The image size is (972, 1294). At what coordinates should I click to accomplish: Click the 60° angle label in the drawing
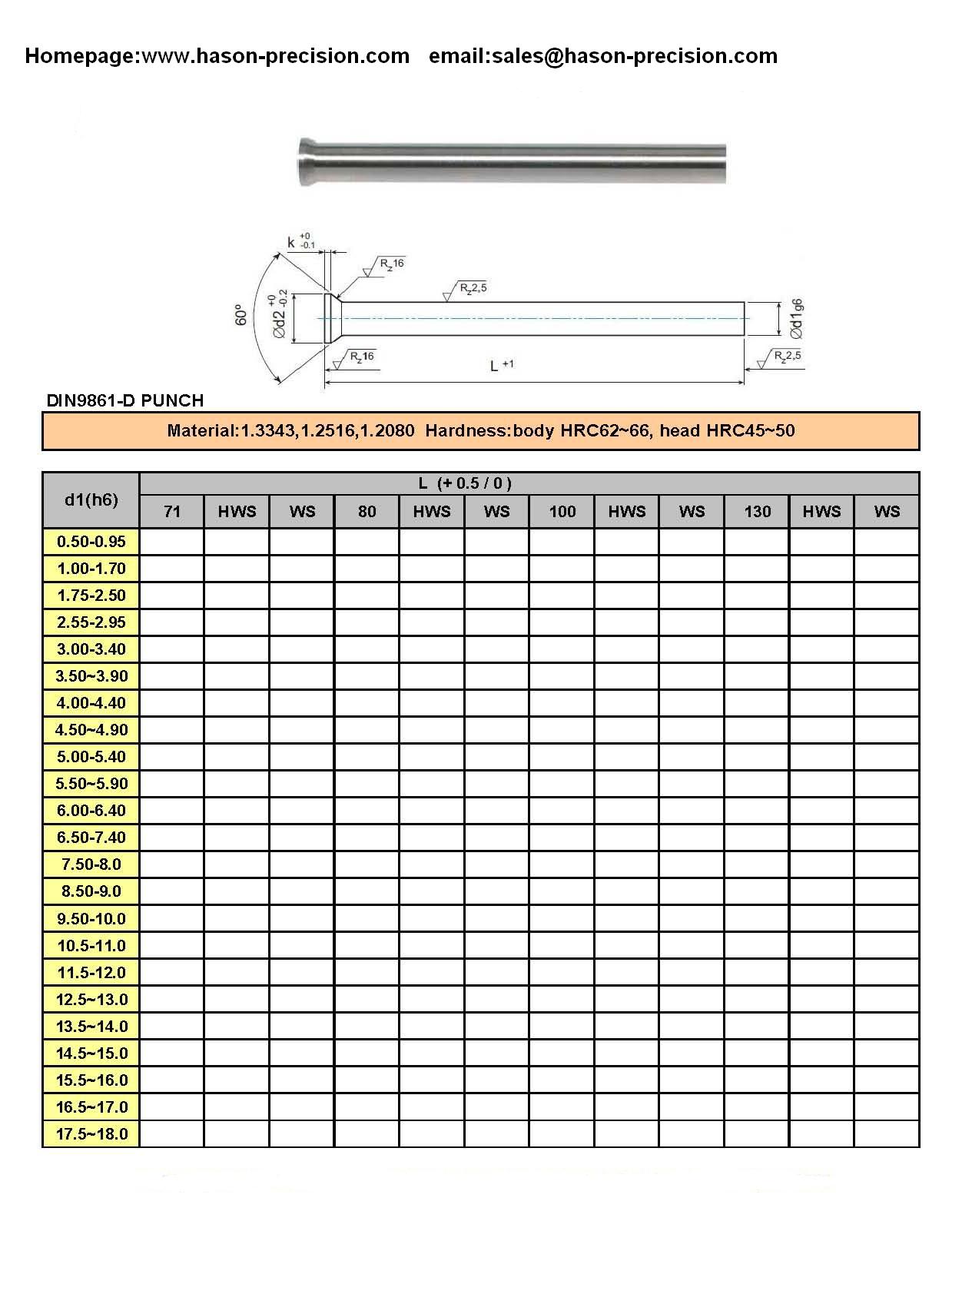[x=240, y=315]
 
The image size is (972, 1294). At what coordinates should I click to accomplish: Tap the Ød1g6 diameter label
[x=797, y=319]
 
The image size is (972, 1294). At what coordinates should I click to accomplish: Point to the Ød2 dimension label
[x=280, y=317]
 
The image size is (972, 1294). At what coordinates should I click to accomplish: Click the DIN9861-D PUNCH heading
[x=125, y=400]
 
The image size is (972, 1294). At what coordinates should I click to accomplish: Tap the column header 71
[x=172, y=512]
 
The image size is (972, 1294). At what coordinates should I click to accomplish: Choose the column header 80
[x=367, y=512]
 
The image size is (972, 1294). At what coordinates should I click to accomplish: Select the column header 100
[x=562, y=512]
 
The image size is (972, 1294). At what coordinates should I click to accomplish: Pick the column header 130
[x=757, y=512]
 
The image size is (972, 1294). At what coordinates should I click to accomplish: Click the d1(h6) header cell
[x=91, y=500]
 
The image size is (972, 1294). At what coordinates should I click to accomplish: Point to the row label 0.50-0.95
[x=91, y=542]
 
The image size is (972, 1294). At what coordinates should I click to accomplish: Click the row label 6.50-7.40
[x=91, y=838]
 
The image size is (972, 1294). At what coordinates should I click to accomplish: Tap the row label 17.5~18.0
[x=91, y=1134]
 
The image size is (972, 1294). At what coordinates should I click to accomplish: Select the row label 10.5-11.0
[x=91, y=946]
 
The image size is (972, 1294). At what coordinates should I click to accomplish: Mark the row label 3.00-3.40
[x=91, y=649]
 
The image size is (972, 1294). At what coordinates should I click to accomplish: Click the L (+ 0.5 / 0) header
[x=465, y=483]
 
